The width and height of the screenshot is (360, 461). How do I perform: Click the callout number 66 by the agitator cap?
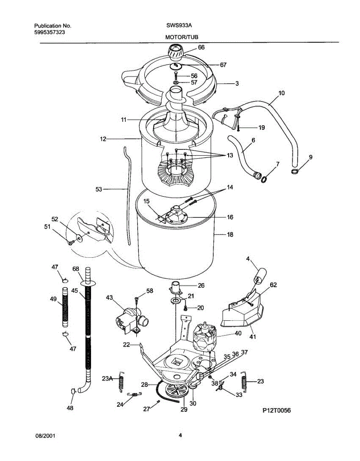pyautogui.click(x=201, y=47)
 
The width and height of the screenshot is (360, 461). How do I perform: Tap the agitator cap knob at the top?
pyautogui.click(x=176, y=51)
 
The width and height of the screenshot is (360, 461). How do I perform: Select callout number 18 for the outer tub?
pyautogui.click(x=230, y=234)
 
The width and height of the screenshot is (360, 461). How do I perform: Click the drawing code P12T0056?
pyautogui.click(x=277, y=411)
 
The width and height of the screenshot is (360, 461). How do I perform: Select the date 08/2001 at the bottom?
pyautogui.click(x=45, y=436)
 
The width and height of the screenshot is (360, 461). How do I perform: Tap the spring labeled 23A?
pyautogui.click(x=122, y=382)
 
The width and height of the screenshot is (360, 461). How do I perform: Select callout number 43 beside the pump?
pyautogui.click(x=109, y=298)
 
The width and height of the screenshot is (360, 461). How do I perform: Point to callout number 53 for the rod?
pyautogui.click(x=99, y=189)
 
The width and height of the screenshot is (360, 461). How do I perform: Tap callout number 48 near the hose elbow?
pyautogui.click(x=70, y=408)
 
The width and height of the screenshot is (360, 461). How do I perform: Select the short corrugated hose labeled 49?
pyautogui.click(x=65, y=308)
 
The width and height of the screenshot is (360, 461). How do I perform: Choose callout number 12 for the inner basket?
pyautogui.click(x=103, y=139)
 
